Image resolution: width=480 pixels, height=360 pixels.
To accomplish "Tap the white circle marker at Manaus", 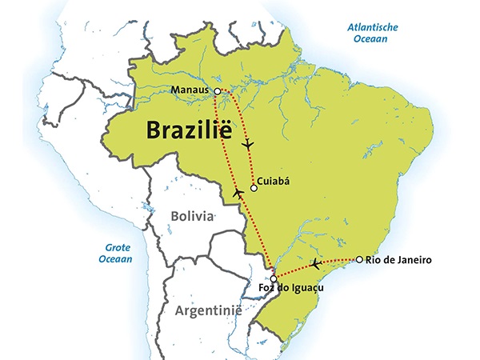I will point(217,92).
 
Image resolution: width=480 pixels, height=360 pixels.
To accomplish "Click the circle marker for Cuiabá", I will point(254,189).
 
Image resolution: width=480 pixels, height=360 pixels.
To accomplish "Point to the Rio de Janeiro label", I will point(399,259).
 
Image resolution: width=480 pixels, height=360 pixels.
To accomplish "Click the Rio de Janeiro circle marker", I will point(360,259).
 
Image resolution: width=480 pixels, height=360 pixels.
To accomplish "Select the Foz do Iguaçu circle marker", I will point(274,278).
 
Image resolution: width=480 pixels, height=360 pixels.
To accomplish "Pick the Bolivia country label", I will point(193,216).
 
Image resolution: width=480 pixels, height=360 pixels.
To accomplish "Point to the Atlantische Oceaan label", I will point(373,33).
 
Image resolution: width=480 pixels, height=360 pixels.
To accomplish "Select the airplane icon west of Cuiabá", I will point(238,193).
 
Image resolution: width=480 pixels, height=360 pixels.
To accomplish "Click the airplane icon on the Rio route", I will point(317,263).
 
